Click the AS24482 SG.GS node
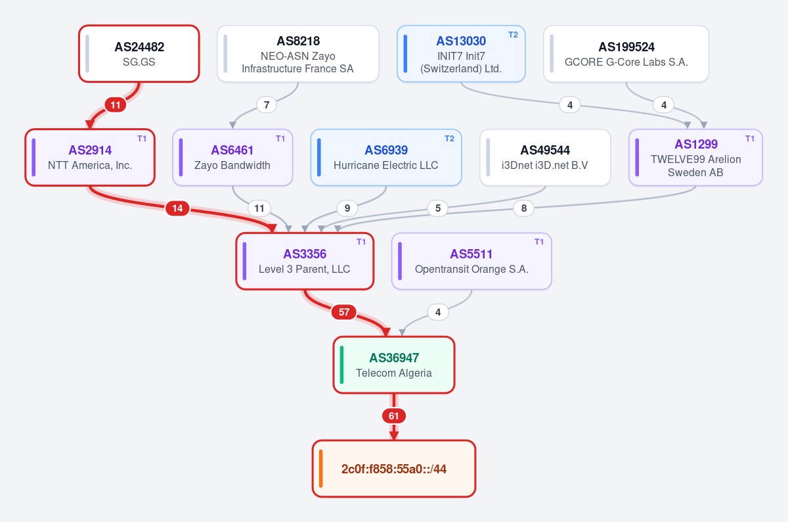139,53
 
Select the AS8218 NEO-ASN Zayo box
298,53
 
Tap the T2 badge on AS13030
513,35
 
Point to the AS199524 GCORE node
626,53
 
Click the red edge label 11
116,105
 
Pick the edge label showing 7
267,105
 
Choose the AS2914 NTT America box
90,157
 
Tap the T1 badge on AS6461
280,139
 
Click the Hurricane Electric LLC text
386,165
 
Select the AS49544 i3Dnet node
545,157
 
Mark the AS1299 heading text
696,144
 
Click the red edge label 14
178,208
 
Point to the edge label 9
347,208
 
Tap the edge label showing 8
524,208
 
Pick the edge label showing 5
437,208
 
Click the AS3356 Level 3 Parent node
305,261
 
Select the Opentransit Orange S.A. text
471,269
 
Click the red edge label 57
344,312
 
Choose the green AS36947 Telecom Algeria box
394,365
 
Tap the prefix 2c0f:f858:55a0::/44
394,469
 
